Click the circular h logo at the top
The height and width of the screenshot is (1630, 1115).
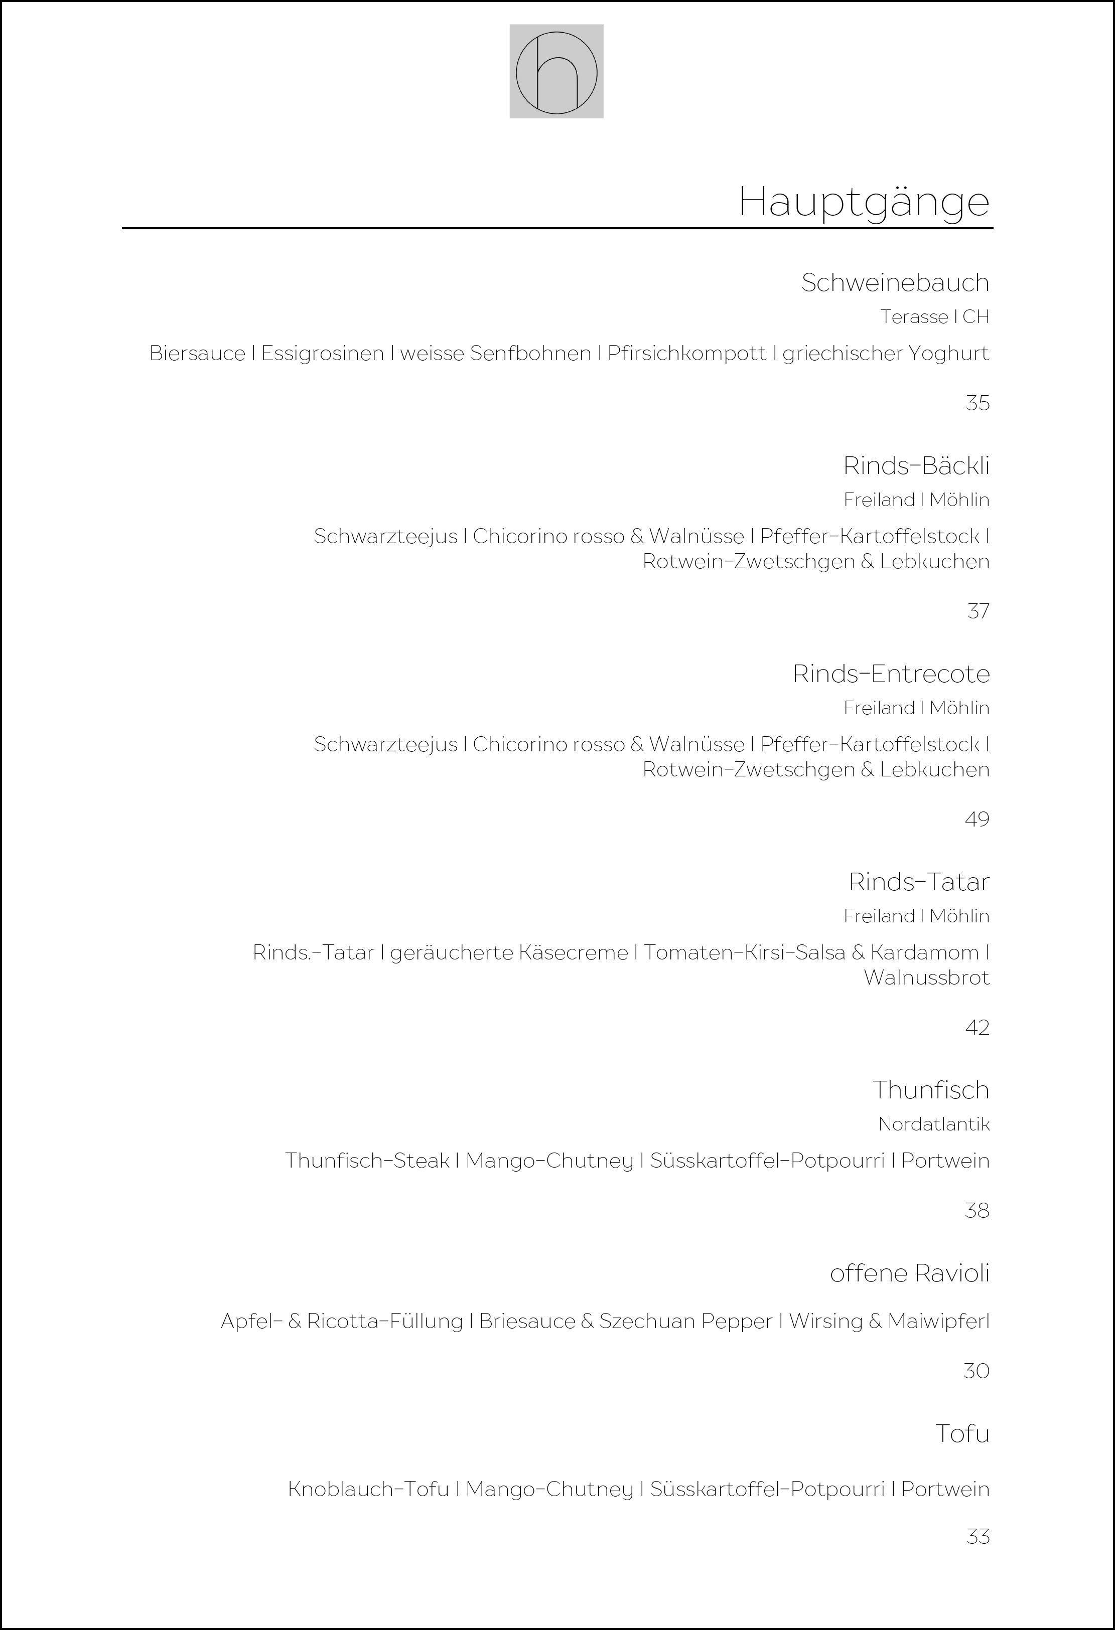[556, 72]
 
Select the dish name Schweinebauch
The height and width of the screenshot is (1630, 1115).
[895, 283]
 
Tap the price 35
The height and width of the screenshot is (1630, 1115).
[977, 403]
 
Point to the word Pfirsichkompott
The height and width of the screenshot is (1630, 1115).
[686, 354]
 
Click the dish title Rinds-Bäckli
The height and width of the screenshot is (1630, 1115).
[916, 466]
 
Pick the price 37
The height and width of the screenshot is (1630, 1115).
[978, 611]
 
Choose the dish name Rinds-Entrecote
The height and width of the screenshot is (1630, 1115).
[891, 674]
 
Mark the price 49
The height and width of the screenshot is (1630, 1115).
[977, 819]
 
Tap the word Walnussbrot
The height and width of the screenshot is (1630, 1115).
[926, 977]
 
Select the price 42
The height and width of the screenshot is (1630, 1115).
[977, 1028]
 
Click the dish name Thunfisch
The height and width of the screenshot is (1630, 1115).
[930, 1090]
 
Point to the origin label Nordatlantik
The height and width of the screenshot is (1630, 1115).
[933, 1124]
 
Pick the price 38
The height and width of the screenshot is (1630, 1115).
[977, 1211]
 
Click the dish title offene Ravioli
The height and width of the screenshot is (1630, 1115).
[909, 1273]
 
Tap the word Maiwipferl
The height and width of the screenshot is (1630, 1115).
[938, 1322]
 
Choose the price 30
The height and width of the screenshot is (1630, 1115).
[976, 1371]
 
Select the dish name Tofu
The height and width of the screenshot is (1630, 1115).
[962, 1433]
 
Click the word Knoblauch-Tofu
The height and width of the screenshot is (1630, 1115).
[368, 1489]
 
